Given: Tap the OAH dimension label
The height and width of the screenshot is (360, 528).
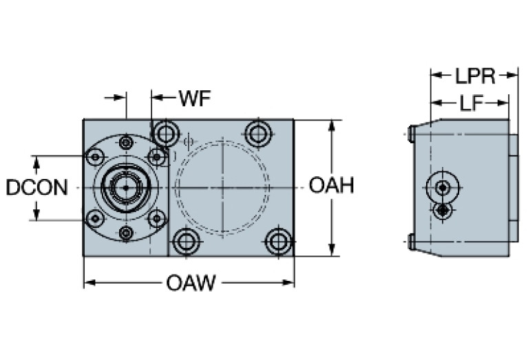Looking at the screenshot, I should pos(331,186).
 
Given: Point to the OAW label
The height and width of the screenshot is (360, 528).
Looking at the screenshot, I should pos(189,283).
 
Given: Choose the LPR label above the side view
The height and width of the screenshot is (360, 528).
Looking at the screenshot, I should pos(474,76).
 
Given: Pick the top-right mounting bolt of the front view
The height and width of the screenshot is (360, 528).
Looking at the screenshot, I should pos(258,133).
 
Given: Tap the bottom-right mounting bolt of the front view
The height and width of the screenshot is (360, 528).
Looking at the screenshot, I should pos(279,242).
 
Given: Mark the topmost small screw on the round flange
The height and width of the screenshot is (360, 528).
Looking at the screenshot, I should pos(125,142).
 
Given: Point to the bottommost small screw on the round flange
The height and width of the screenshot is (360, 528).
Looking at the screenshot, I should pos(125,233).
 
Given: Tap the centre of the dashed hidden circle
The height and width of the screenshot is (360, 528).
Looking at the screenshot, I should pos(222,187).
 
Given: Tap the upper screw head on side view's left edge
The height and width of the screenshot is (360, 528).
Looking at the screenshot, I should pos(410,132).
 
